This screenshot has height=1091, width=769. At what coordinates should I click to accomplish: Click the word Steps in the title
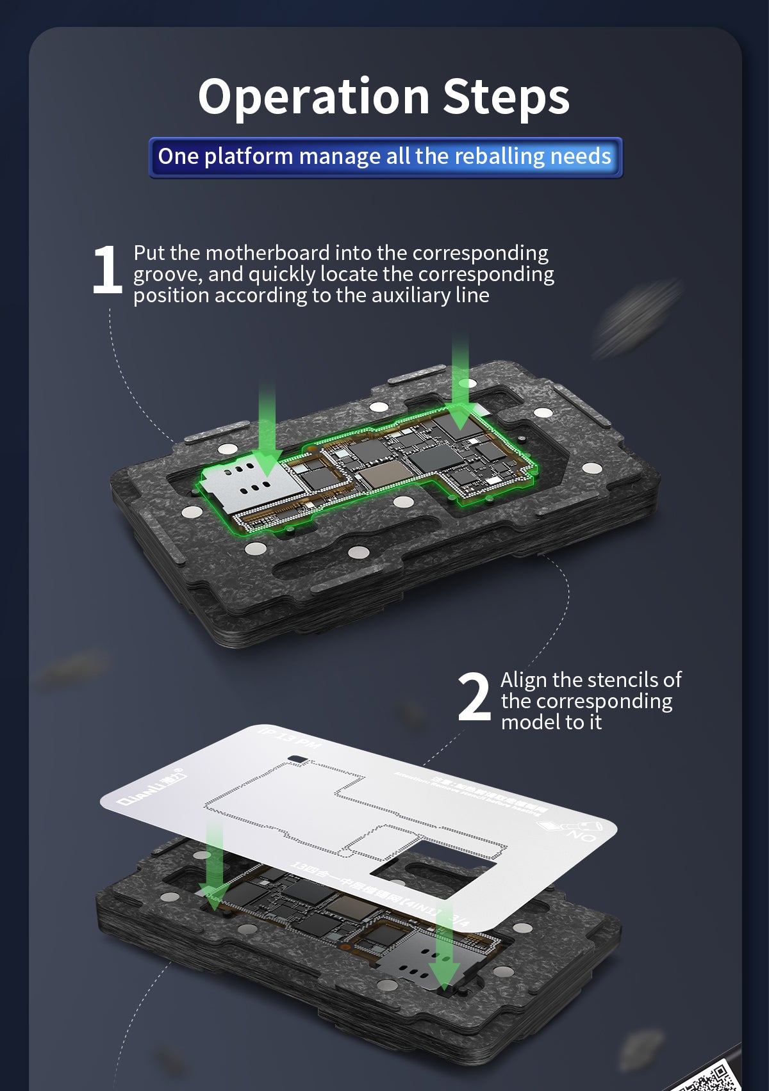pyautogui.click(x=506, y=97)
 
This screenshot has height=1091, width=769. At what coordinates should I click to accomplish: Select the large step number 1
pyautogui.click(x=106, y=270)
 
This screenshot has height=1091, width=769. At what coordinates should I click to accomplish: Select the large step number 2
pyautogui.click(x=474, y=697)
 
